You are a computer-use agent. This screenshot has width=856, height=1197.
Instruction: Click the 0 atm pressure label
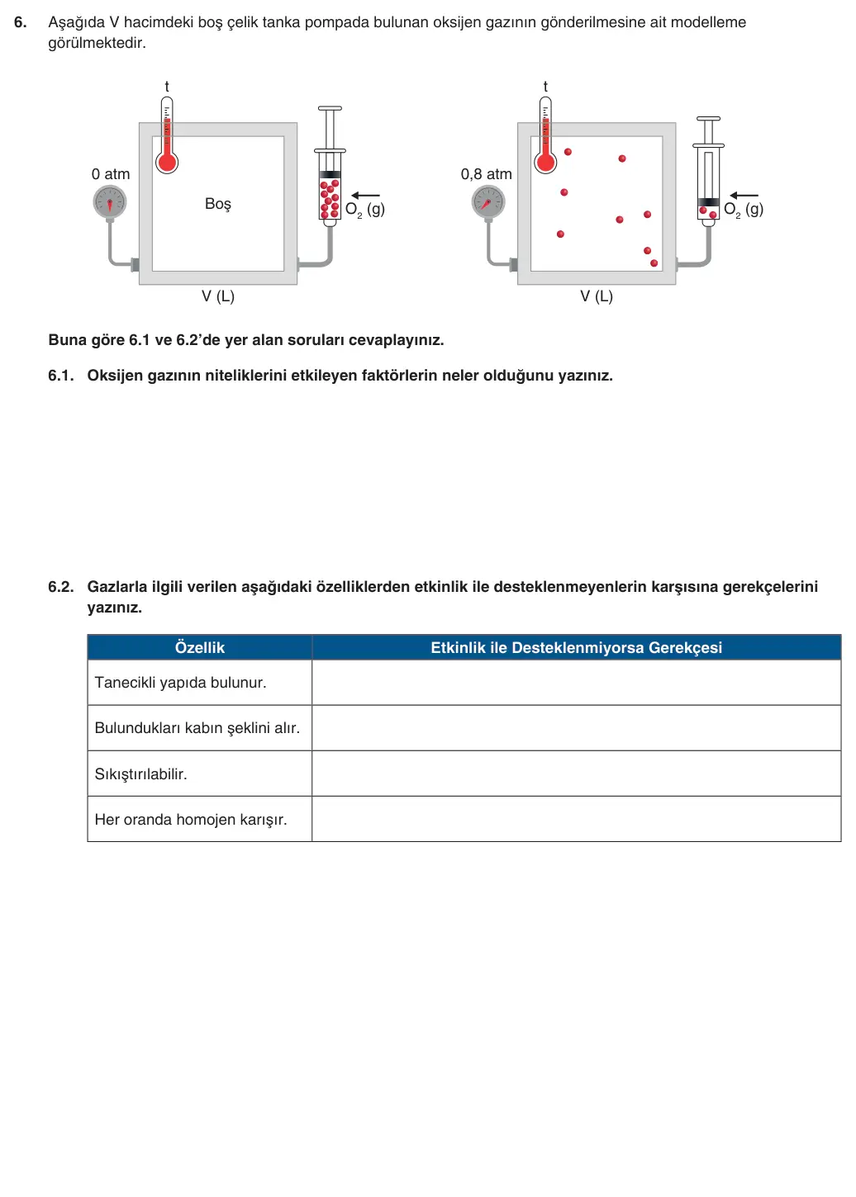110,174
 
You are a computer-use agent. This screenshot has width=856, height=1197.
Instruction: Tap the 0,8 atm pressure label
486,174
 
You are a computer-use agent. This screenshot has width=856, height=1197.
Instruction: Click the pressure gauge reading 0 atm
110,202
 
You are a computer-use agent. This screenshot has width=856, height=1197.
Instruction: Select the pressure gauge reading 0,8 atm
488,202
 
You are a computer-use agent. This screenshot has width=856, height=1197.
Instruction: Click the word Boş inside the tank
218,204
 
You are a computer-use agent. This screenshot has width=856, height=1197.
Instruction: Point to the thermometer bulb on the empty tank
167,163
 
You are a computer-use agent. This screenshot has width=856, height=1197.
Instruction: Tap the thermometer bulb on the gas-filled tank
545,163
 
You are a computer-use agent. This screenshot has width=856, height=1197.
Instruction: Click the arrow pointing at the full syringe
365,195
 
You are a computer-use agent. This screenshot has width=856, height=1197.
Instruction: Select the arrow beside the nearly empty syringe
744,195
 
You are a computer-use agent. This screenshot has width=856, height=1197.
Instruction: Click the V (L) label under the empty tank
218,296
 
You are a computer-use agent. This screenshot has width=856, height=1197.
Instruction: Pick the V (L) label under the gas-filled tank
596,296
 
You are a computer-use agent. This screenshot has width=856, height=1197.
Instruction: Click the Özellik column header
200,647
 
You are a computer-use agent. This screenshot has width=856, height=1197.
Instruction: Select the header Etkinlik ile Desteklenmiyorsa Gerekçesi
576,647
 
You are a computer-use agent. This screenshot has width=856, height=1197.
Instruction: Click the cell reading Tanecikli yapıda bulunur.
200,683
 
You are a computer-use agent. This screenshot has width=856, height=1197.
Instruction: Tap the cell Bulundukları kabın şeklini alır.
200,728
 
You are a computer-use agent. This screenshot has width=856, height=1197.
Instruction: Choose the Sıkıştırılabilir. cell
200,774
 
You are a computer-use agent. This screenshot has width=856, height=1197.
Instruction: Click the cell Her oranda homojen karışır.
200,819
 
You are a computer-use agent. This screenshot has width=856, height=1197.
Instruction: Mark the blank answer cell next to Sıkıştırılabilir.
576,774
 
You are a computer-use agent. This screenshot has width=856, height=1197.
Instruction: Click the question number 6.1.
60,376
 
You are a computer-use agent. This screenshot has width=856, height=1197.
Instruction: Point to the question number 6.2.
60,587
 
